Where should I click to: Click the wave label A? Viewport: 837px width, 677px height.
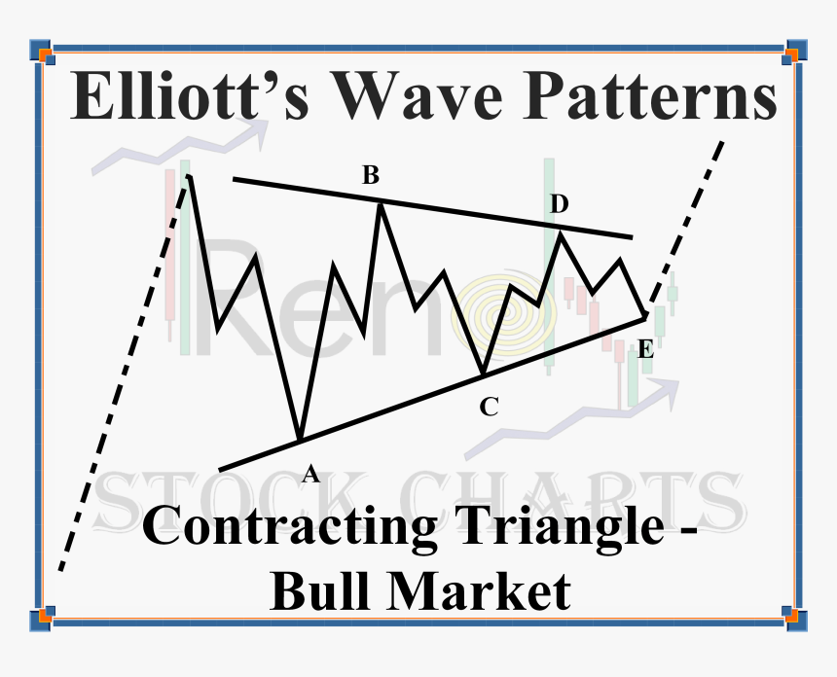(x=310, y=474)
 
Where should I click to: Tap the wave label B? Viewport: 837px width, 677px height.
(x=371, y=176)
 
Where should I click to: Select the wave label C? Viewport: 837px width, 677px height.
(x=489, y=408)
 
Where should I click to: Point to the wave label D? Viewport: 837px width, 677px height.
(x=559, y=203)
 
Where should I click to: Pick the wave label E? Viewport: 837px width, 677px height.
(x=644, y=350)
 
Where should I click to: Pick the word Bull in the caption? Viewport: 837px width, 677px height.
(x=320, y=589)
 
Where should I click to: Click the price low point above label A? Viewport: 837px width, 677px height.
(x=300, y=437)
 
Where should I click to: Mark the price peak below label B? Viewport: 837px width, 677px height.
(x=380, y=203)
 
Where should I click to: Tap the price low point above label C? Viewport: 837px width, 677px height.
(x=483, y=374)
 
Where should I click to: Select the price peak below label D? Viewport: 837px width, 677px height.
(x=561, y=233)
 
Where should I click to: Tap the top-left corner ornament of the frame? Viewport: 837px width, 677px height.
(x=40, y=49)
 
